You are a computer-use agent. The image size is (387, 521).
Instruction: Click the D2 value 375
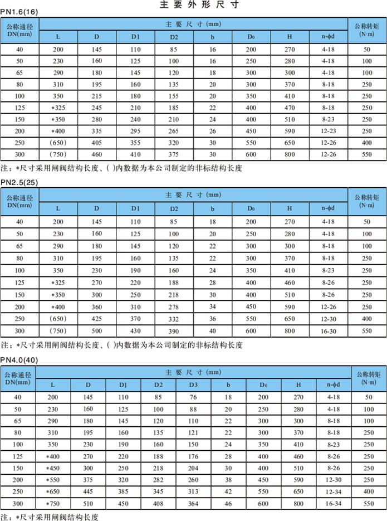[x=174, y=154]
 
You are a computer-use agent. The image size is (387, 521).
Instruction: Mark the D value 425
[x=97, y=318]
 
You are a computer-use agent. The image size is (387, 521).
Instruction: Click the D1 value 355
[x=135, y=143]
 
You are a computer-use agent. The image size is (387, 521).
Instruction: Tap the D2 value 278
[x=174, y=306]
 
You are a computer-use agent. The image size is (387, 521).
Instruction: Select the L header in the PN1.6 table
[x=58, y=37]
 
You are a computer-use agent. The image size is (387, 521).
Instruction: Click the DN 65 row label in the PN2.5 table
[x=19, y=246]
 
